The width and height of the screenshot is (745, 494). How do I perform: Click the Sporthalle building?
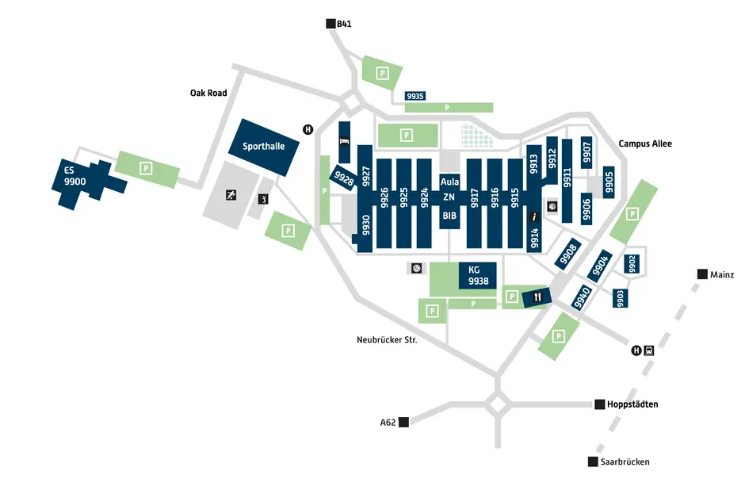click(263, 147)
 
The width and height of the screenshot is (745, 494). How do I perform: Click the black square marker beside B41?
click(330, 25)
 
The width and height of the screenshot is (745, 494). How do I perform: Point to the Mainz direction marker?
click(702, 274)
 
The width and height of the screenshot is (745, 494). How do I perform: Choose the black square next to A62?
click(403, 423)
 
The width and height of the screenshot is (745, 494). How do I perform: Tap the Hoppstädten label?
click(632, 404)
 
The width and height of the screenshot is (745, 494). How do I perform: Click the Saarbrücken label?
click(625, 461)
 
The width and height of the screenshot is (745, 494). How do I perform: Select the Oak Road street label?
click(208, 93)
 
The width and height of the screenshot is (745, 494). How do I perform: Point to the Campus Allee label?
click(645, 144)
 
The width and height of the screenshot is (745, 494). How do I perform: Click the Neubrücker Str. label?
click(387, 339)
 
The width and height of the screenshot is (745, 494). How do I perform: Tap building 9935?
click(415, 96)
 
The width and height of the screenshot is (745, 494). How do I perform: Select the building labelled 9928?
click(344, 179)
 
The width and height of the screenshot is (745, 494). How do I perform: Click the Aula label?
click(449, 182)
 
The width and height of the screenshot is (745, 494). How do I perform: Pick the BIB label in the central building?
click(449, 215)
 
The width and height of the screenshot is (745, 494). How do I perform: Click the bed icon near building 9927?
click(344, 140)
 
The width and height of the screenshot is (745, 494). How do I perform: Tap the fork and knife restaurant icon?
click(538, 297)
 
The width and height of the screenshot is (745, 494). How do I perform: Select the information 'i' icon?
click(534, 216)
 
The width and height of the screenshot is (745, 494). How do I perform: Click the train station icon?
click(648, 350)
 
